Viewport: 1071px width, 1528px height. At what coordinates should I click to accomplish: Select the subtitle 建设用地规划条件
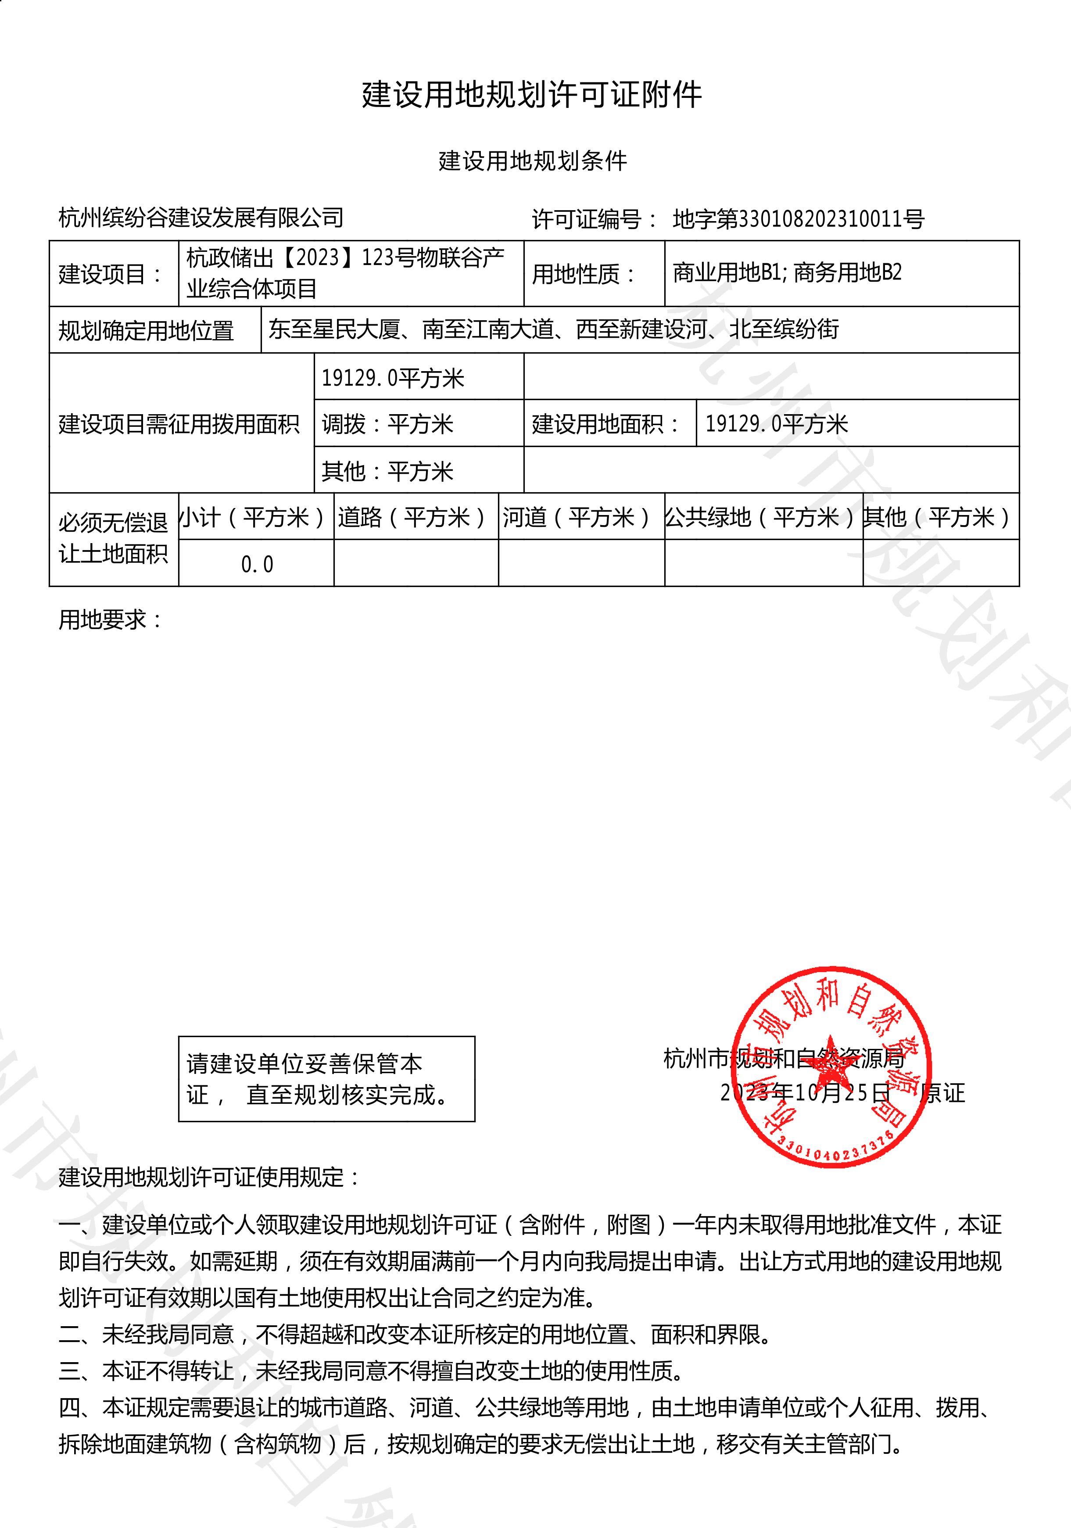(533, 161)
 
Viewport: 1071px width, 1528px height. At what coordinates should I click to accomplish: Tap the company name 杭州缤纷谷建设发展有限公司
(201, 218)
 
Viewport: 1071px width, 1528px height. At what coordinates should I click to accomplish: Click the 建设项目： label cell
(112, 273)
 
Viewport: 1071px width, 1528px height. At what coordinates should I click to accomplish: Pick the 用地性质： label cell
(584, 273)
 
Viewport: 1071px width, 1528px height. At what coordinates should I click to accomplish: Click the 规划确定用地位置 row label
(147, 330)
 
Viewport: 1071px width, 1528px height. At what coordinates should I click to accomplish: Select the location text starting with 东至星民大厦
(554, 329)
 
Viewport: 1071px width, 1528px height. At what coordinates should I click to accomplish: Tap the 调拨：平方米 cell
(387, 424)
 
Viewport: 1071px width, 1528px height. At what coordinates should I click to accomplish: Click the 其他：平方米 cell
(387, 471)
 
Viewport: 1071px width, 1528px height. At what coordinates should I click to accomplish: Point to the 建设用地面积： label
(606, 424)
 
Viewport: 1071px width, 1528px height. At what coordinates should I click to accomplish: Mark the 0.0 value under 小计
(257, 564)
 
